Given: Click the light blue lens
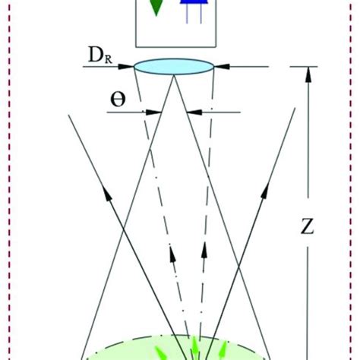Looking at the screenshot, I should click(x=172, y=67).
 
